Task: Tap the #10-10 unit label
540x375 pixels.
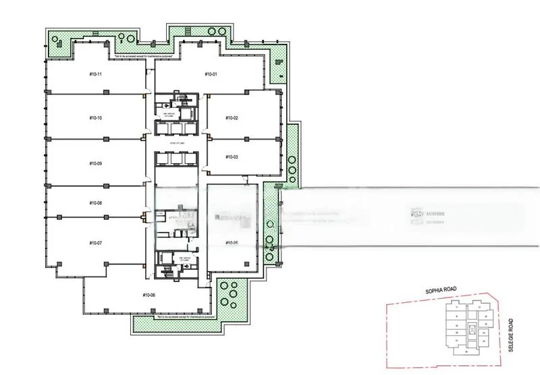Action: tap(95, 118)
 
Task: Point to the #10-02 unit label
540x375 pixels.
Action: tap(232, 118)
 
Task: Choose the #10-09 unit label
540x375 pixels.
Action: tap(95, 163)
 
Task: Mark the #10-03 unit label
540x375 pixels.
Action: tap(232, 156)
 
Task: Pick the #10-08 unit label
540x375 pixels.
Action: tap(95, 203)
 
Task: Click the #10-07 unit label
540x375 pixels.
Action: tap(95, 242)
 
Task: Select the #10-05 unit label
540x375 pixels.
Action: tap(232, 242)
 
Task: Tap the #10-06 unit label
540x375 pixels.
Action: tap(149, 295)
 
